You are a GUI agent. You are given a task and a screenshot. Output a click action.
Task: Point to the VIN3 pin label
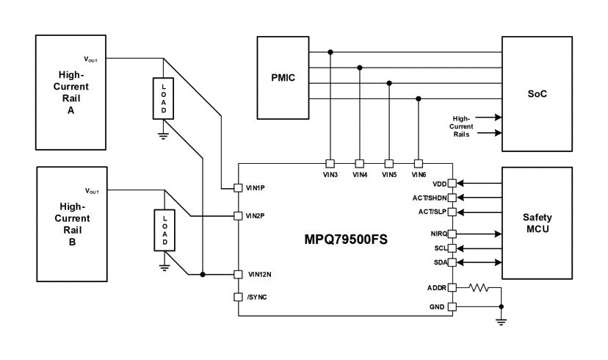click(330, 175)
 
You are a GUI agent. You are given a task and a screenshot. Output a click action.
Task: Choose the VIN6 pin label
click(419, 175)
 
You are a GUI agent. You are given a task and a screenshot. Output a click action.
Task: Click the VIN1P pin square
click(238, 188)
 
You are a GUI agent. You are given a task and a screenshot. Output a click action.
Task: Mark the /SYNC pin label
click(258, 297)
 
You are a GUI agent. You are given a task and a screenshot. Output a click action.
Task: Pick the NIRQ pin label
click(438, 234)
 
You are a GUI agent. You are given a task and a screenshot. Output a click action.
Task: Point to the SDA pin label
click(439, 262)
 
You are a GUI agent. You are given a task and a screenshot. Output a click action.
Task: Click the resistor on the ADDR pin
click(479, 287)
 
